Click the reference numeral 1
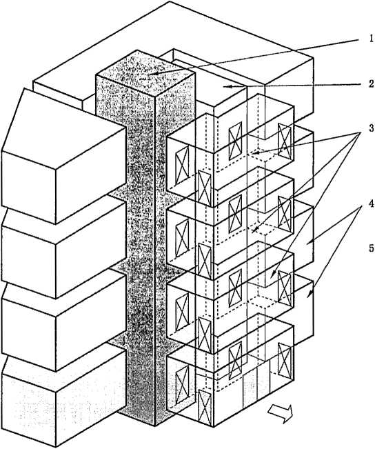tap(371, 39)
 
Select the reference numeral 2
tap(371, 84)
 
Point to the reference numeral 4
tap(371, 204)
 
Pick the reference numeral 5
tap(371, 248)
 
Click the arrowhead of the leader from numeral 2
tap(227, 86)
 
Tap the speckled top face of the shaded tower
tap(145, 74)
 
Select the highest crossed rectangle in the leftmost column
tap(183, 165)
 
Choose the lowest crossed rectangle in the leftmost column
tap(183, 384)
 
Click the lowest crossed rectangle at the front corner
tap(205, 408)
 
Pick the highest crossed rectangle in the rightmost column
tap(285, 141)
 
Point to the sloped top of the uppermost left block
tap(63, 128)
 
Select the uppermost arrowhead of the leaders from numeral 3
tap(254, 152)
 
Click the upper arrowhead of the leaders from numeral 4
tap(309, 243)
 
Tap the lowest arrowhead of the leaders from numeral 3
tap(272, 275)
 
